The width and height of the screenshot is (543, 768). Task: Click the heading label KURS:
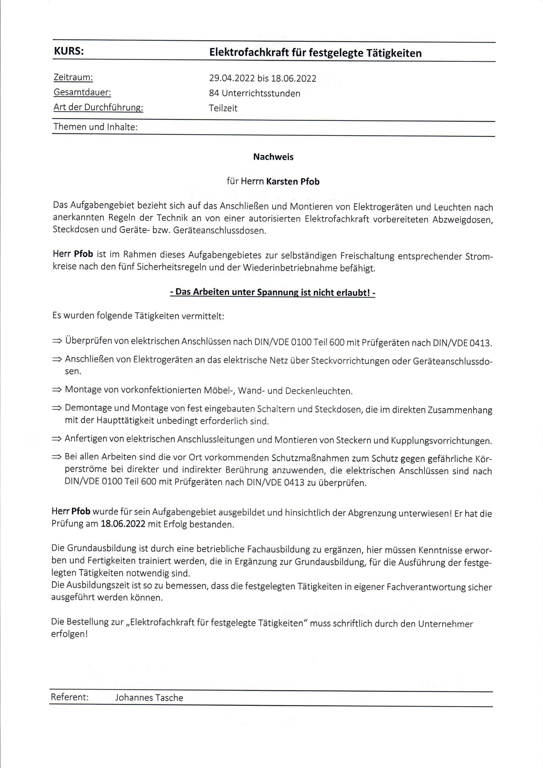[69, 52]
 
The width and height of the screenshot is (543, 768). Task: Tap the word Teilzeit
[223, 108]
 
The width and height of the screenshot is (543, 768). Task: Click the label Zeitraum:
[73, 78]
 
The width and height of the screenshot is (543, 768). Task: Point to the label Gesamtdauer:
[82, 92]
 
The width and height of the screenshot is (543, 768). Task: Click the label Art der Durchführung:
[98, 107]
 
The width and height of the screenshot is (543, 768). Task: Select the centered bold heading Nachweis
[273, 157]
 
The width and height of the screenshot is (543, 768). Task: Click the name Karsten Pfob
[293, 181]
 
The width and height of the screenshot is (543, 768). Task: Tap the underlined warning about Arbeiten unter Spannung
[273, 292]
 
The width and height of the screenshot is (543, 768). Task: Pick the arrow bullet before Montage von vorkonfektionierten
[57, 389]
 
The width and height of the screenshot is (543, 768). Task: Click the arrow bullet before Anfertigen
[57, 439]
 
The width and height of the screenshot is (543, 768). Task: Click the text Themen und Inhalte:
[95, 127]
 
